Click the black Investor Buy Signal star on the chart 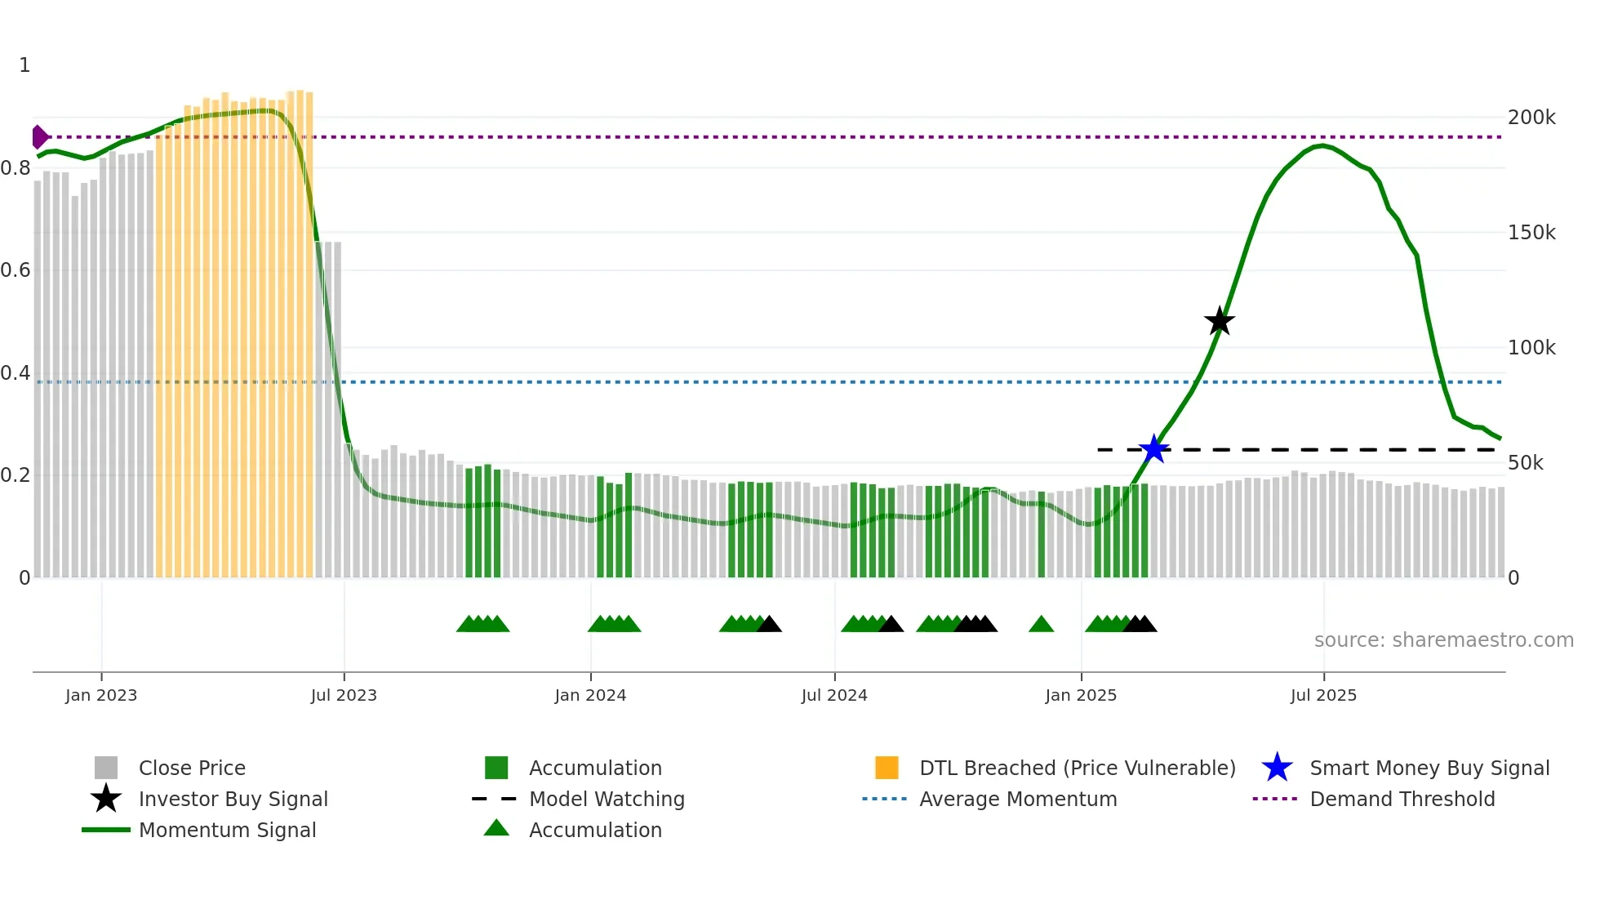click(x=1220, y=321)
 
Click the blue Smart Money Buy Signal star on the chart click(x=1154, y=449)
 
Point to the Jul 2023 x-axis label click(x=344, y=695)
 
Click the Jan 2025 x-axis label click(x=1081, y=695)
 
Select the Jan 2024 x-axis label click(x=590, y=695)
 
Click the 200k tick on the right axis click(x=1531, y=118)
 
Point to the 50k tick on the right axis click(x=1526, y=463)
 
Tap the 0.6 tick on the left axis click(x=16, y=270)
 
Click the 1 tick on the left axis click(x=24, y=65)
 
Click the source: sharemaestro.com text click(x=1443, y=640)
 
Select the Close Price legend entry click(x=192, y=768)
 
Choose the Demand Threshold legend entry click(x=1402, y=799)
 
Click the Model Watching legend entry click(x=607, y=799)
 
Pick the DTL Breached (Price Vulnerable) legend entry click(x=1077, y=768)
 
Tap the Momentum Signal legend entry click(x=227, y=830)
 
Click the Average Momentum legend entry click(x=1018, y=799)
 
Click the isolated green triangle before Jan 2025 click(x=1041, y=625)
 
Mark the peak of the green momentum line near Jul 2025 click(x=1322, y=146)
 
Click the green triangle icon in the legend click(x=496, y=828)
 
